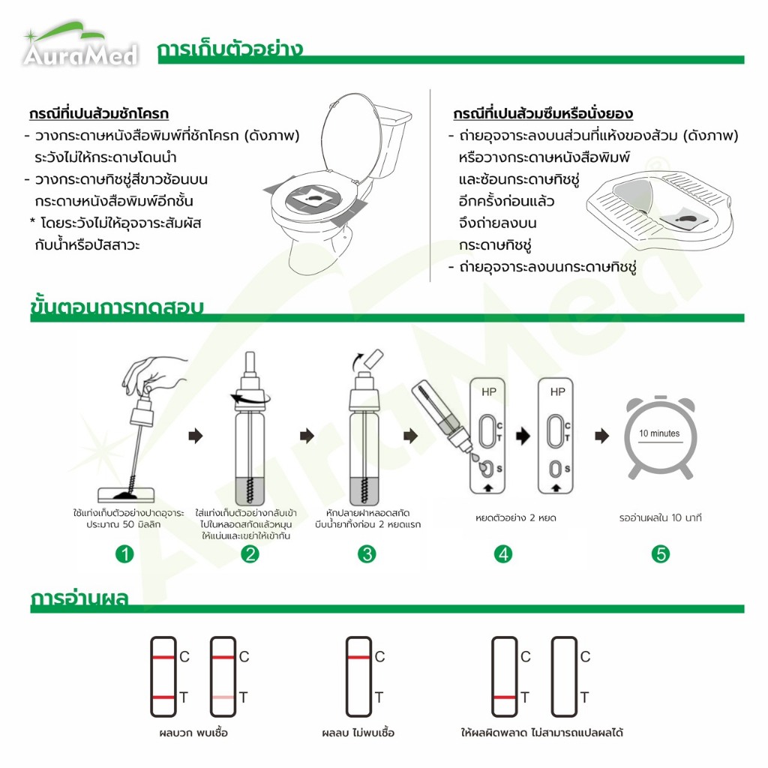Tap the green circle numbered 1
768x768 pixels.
point(124,554)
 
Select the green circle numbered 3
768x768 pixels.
point(367,554)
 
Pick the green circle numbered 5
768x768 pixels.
point(660,554)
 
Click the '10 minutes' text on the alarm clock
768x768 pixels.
point(659,433)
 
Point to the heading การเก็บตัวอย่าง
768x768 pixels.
point(229,49)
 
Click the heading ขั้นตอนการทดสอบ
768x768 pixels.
point(116,306)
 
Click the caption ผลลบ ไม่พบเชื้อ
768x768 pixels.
point(358,733)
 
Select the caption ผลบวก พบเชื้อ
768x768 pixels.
point(193,733)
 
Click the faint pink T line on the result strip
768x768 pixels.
point(223,697)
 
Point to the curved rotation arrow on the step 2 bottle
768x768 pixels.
point(250,398)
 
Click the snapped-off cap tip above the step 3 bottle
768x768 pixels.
point(374,359)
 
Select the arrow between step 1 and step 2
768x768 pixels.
point(196,436)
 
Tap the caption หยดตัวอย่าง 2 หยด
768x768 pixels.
point(516,517)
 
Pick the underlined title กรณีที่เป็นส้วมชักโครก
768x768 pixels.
point(99,114)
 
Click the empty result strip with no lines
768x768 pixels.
point(564,676)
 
